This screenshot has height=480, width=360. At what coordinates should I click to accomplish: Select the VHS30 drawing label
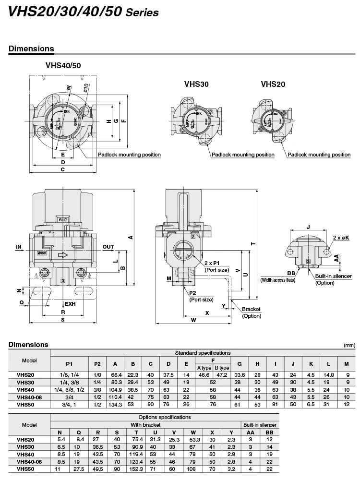196,84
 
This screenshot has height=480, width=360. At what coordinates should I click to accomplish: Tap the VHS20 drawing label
273,84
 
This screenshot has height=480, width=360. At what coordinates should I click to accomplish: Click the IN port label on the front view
19,247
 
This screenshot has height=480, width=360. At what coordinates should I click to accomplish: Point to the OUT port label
108,247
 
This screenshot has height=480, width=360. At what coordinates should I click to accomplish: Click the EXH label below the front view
71,304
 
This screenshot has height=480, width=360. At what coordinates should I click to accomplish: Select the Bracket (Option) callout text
252,312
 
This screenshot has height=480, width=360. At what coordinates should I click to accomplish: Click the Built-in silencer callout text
333,279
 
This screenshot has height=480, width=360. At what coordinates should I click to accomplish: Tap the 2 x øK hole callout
341,238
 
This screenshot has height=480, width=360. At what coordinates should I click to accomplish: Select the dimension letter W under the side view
193,320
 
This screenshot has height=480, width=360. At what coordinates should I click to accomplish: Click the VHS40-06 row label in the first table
29,397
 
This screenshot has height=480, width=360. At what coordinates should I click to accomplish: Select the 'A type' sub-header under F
204,368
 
